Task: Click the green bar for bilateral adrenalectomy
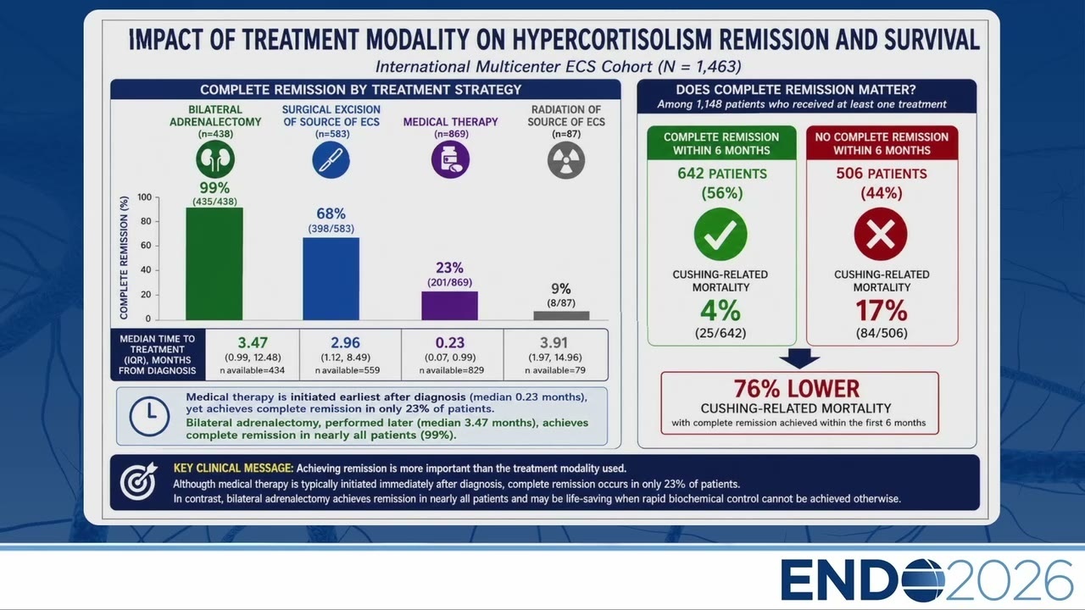pos(214,263)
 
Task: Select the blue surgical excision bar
pos(331,279)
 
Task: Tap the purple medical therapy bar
pos(449,306)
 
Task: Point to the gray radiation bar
pos(561,316)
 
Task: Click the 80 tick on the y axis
pos(145,221)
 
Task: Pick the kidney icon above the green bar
pos(215,159)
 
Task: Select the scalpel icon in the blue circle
pos(331,160)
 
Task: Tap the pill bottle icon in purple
pos(450,160)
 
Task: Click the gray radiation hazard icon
pos(566,160)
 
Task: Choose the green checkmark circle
pos(721,235)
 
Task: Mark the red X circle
pos(881,235)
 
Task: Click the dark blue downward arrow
pos(799,358)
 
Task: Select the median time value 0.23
pos(450,343)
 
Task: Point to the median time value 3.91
pos(554,343)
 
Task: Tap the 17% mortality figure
pos(881,310)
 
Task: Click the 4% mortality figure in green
pos(721,310)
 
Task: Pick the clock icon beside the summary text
pos(149,416)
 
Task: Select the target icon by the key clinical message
pos(139,480)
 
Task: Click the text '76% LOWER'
pos(797,389)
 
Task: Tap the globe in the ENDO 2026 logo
pos(923,580)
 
